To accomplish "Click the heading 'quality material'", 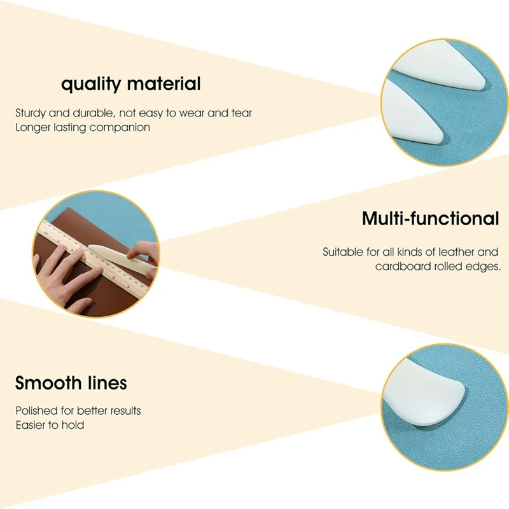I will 130,83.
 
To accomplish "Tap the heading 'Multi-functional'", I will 430,219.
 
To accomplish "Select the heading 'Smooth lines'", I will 71,383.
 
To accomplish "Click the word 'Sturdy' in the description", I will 31,113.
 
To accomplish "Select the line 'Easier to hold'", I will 50,425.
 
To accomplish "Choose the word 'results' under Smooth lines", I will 124,411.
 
